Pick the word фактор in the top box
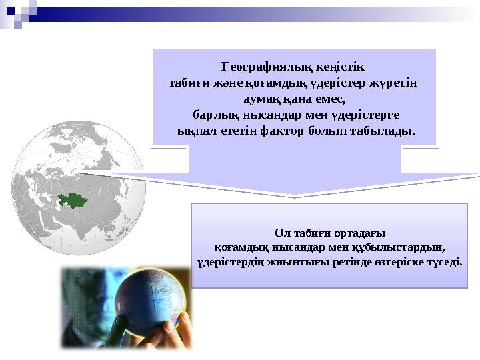[285, 130]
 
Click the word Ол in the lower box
[283, 233]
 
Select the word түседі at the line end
[444, 261]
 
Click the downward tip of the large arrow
[293, 195]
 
